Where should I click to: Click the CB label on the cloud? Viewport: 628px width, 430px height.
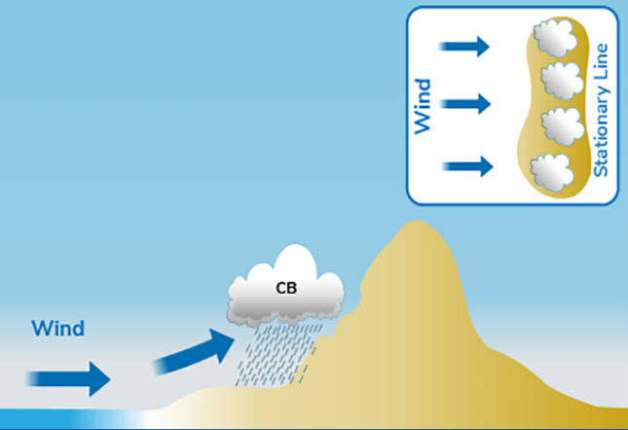[286, 288]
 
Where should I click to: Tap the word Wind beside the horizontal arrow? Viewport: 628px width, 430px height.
[58, 328]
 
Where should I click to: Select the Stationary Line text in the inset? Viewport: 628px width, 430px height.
[601, 109]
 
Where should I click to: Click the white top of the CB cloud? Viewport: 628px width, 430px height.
[292, 265]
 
